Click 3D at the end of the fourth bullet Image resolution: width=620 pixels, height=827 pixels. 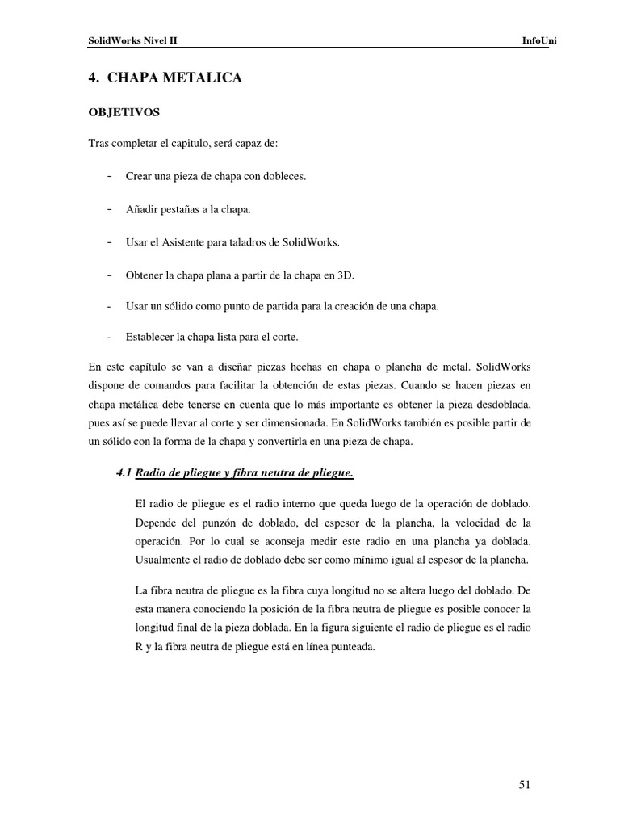pos(346,275)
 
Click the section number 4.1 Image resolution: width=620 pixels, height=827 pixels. pos(124,472)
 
